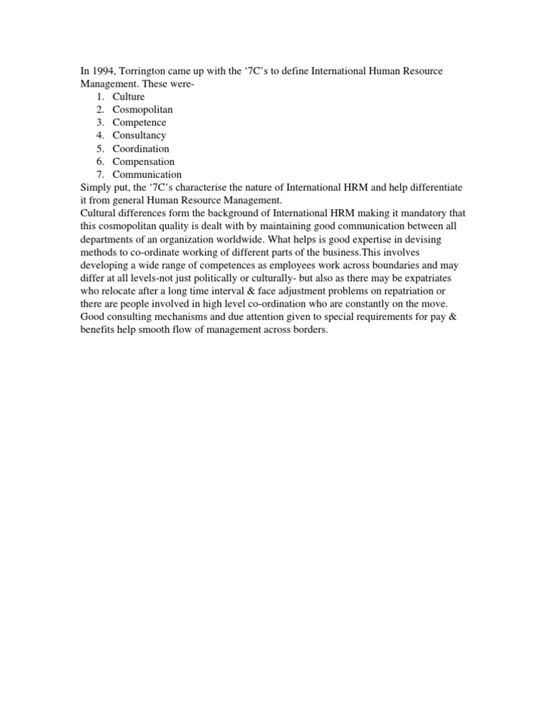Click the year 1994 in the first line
coord(103,70)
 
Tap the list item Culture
coord(128,97)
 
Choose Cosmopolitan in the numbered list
coord(142,110)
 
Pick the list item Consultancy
coord(139,135)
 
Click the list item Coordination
coord(141,149)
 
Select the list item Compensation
coord(143,161)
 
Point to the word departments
coord(110,239)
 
